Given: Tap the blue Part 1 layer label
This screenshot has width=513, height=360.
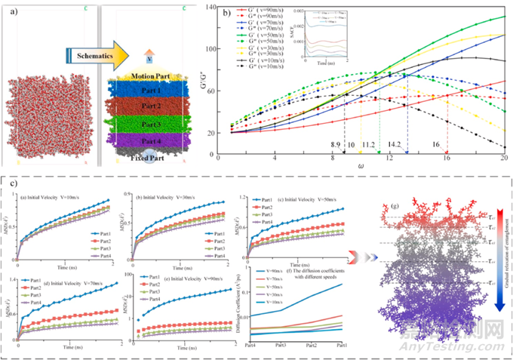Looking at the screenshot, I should [138, 91].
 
